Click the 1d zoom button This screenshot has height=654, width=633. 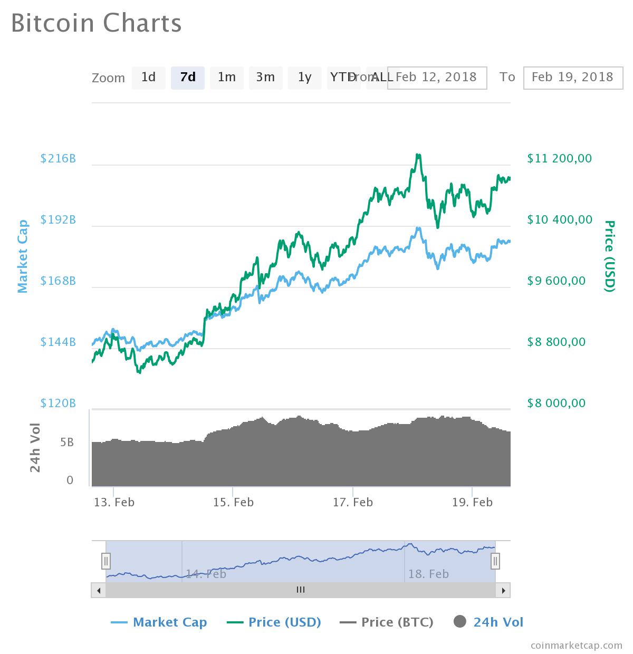[148, 78]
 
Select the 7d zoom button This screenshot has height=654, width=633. [188, 78]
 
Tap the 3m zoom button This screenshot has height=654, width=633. [265, 78]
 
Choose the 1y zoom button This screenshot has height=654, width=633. [304, 78]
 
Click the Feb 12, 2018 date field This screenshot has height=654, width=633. [437, 78]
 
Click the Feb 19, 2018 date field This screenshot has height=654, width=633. [573, 78]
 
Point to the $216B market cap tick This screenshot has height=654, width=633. [58, 158]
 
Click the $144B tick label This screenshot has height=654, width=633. [58, 342]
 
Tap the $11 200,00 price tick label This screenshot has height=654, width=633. [559, 158]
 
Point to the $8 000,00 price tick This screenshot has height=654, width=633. [556, 403]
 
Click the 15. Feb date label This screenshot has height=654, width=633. [233, 502]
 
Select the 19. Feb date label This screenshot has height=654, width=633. [472, 502]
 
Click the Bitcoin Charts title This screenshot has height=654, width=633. [97, 23]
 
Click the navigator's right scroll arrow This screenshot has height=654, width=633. [504, 590]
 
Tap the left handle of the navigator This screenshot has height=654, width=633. [106, 561]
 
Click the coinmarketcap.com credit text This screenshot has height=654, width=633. [576, 645]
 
